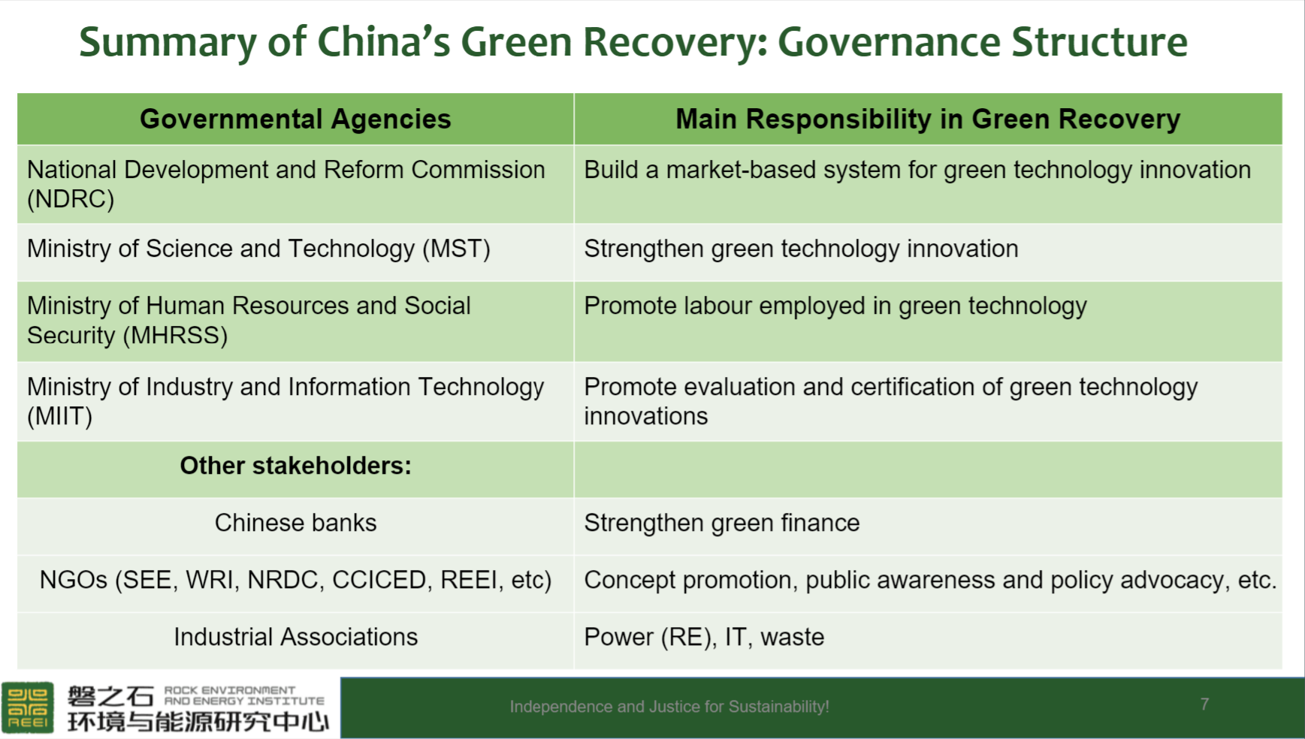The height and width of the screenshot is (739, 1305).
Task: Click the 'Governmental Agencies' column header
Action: coord(295,119)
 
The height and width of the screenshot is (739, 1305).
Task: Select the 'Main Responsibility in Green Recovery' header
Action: coord(928,119)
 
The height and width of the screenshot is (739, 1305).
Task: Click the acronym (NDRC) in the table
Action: coord(71,200)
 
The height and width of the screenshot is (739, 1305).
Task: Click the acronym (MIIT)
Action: coord(59,417)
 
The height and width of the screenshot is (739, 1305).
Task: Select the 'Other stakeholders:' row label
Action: coord(295,466)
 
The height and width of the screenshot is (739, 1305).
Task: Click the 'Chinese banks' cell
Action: coord(295,523)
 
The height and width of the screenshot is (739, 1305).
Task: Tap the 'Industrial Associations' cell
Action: coord(295,637)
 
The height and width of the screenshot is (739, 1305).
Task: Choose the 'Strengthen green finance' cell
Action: coord(721,523)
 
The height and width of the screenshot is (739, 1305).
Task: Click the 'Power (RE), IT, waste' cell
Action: coord(704,637)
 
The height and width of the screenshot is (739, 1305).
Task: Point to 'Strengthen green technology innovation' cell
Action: coord(801,249)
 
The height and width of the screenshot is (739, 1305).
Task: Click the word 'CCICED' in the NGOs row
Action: coord(382,580)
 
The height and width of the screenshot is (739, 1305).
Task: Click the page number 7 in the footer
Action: coord(1204,704)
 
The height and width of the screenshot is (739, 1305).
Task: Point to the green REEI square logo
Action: coord(28,707)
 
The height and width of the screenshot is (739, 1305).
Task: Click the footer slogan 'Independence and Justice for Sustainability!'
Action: coord(669,707)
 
